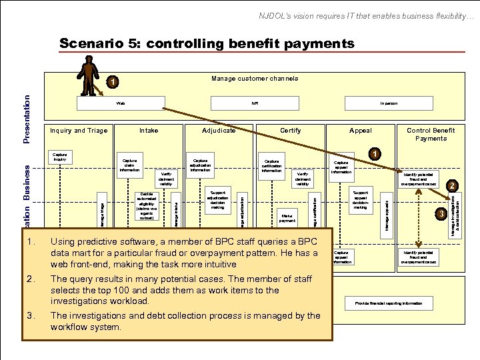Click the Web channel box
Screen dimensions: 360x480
point(121,104)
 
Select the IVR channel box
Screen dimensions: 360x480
point(255,104)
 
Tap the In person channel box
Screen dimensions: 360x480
point(389,104)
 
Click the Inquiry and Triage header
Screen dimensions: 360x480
point(79,131)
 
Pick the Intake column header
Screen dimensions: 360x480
point(149,131)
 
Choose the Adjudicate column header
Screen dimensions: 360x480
point(219,131)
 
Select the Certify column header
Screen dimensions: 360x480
point(290,131)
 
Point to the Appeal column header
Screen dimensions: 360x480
point(361,131)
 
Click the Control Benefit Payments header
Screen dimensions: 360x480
point(431,134)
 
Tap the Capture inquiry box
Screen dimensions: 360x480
point(60,158)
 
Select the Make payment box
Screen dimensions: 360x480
point(287,218)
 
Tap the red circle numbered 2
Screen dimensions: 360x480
point(451,185)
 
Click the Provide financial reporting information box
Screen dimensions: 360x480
point(389,303)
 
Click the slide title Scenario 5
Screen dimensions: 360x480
point(207,44)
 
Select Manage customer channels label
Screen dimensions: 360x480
point(255,79)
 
